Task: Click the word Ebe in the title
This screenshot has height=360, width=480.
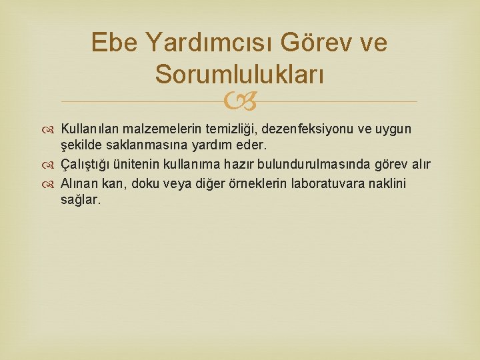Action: tap(113, 43)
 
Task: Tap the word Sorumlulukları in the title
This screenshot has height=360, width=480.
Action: tap(239, 74)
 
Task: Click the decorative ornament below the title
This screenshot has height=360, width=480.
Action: tap(239, 102)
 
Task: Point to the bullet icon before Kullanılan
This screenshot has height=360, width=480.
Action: tap(53, 129)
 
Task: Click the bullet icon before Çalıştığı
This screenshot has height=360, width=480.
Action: tap(53, 165)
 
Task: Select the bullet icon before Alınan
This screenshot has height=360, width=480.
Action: tap(53, 184)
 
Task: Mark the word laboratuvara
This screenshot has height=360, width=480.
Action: tap(346, 183)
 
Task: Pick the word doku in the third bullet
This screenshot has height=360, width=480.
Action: tap(145, 183)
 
